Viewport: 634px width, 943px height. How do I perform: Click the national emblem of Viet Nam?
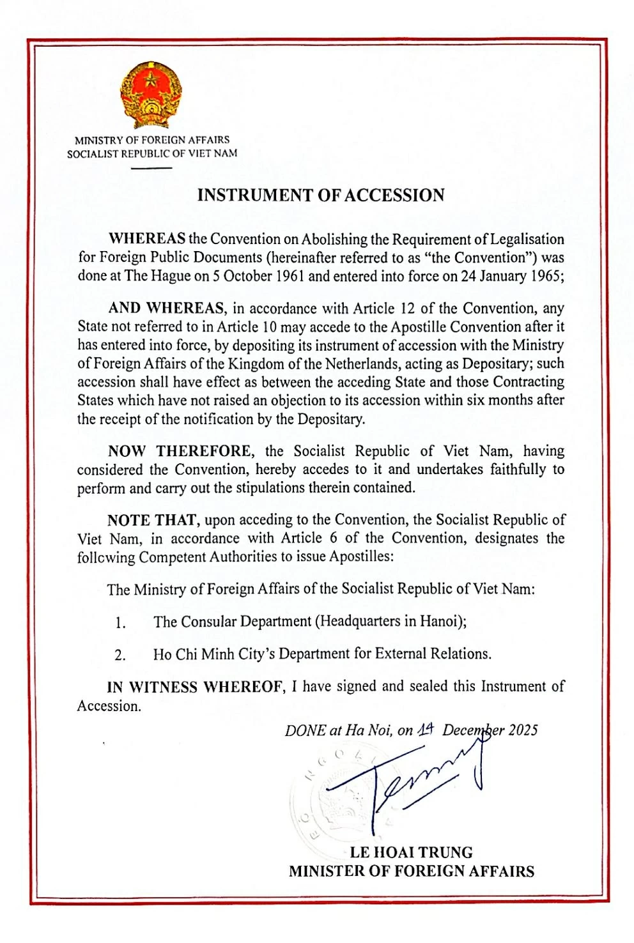coord(151,96)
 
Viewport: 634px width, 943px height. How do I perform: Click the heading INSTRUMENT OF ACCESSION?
coord(320,195)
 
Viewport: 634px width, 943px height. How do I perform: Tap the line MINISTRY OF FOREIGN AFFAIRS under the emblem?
coord(152,140)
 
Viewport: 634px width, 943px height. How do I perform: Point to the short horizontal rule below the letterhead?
coord(151,168)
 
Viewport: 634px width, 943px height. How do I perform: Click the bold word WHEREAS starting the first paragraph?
coord(147,239)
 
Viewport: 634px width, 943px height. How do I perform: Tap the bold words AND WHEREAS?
coord(167,309)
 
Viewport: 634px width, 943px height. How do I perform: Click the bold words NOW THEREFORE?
coord(180,451)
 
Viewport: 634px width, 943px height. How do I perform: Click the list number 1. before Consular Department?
coord(120,622)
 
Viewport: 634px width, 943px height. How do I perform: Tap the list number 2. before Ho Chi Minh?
coord(120,655)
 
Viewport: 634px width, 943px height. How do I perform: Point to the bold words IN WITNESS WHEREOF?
coord(195,687)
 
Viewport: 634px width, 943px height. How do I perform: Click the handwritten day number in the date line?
coord(426,730)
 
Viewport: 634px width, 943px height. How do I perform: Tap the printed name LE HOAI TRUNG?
coord(411,852)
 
